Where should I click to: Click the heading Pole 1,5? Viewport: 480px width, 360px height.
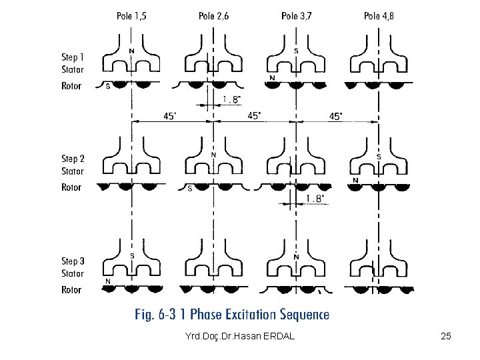click(x=131, y=15)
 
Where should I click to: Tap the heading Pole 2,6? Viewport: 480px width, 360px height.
click(x=213, y=15)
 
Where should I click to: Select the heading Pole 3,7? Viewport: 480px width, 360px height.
click(x=296, y=15)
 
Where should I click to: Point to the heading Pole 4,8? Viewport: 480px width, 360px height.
click(x=378, y=15)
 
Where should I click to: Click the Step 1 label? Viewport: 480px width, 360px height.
click(x=73, y=57)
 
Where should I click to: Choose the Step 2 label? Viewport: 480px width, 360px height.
click(x=73, y=159)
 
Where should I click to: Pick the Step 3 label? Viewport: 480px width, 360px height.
click(x=73, y=261)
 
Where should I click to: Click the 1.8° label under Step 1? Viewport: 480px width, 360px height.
click(x=231, y=100)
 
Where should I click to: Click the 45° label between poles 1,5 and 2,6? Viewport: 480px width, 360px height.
click(x=171, y=116)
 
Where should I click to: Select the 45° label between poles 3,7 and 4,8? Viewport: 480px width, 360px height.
click(x=337, y=116)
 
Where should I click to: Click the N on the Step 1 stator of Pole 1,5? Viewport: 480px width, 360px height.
click(x=131, y=51)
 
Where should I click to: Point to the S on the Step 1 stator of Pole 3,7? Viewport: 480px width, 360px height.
click(x=295, y=51)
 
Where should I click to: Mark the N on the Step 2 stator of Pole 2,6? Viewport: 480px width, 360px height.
click(x=213, y=155)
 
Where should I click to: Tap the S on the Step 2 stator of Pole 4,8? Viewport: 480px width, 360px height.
click(x=378, y=156)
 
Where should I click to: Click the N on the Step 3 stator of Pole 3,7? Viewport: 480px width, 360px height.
click(x=295, y=257)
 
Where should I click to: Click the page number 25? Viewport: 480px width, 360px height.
click(x=446, y=337)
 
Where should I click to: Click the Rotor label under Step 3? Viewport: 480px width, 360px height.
click(x=72, y=290)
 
